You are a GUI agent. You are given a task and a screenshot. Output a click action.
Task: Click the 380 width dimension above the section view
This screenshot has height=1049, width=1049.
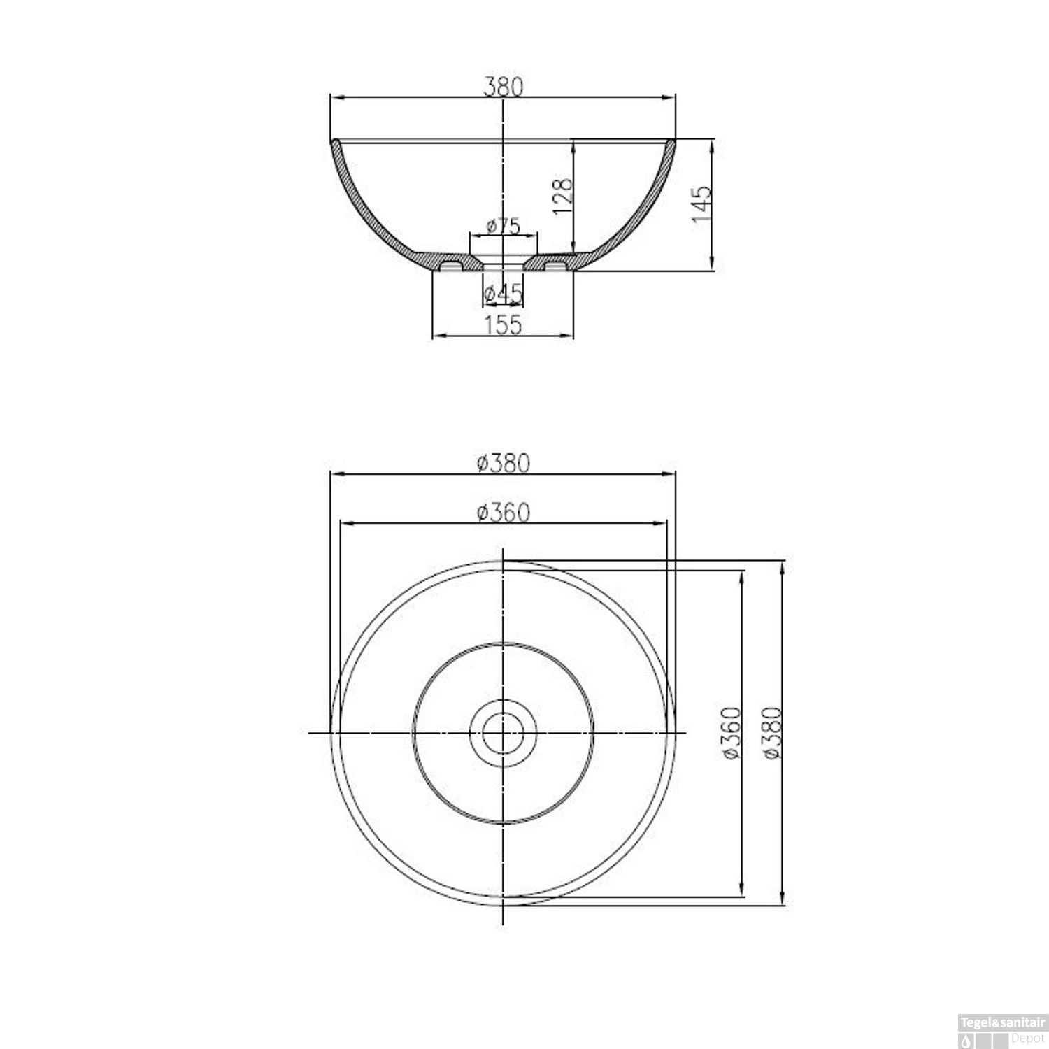point(503,86)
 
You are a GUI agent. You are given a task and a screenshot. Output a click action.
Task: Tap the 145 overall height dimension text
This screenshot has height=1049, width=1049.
point(701,204)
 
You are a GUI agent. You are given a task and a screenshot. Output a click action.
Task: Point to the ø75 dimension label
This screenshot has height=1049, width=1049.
point(503,225)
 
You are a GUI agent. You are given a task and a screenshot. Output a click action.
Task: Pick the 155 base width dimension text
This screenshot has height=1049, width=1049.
point(503,324)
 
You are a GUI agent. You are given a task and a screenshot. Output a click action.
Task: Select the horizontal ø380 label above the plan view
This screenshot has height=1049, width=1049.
point(503,462)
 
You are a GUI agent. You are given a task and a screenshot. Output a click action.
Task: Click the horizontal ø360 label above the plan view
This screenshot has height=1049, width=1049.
point(503,512)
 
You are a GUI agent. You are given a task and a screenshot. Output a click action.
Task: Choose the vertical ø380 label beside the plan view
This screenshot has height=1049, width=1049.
point(771,732)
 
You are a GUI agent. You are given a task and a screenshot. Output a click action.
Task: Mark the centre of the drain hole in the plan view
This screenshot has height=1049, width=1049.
point(503,732)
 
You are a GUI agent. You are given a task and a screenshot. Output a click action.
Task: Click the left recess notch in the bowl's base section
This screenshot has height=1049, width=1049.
point(451,266)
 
